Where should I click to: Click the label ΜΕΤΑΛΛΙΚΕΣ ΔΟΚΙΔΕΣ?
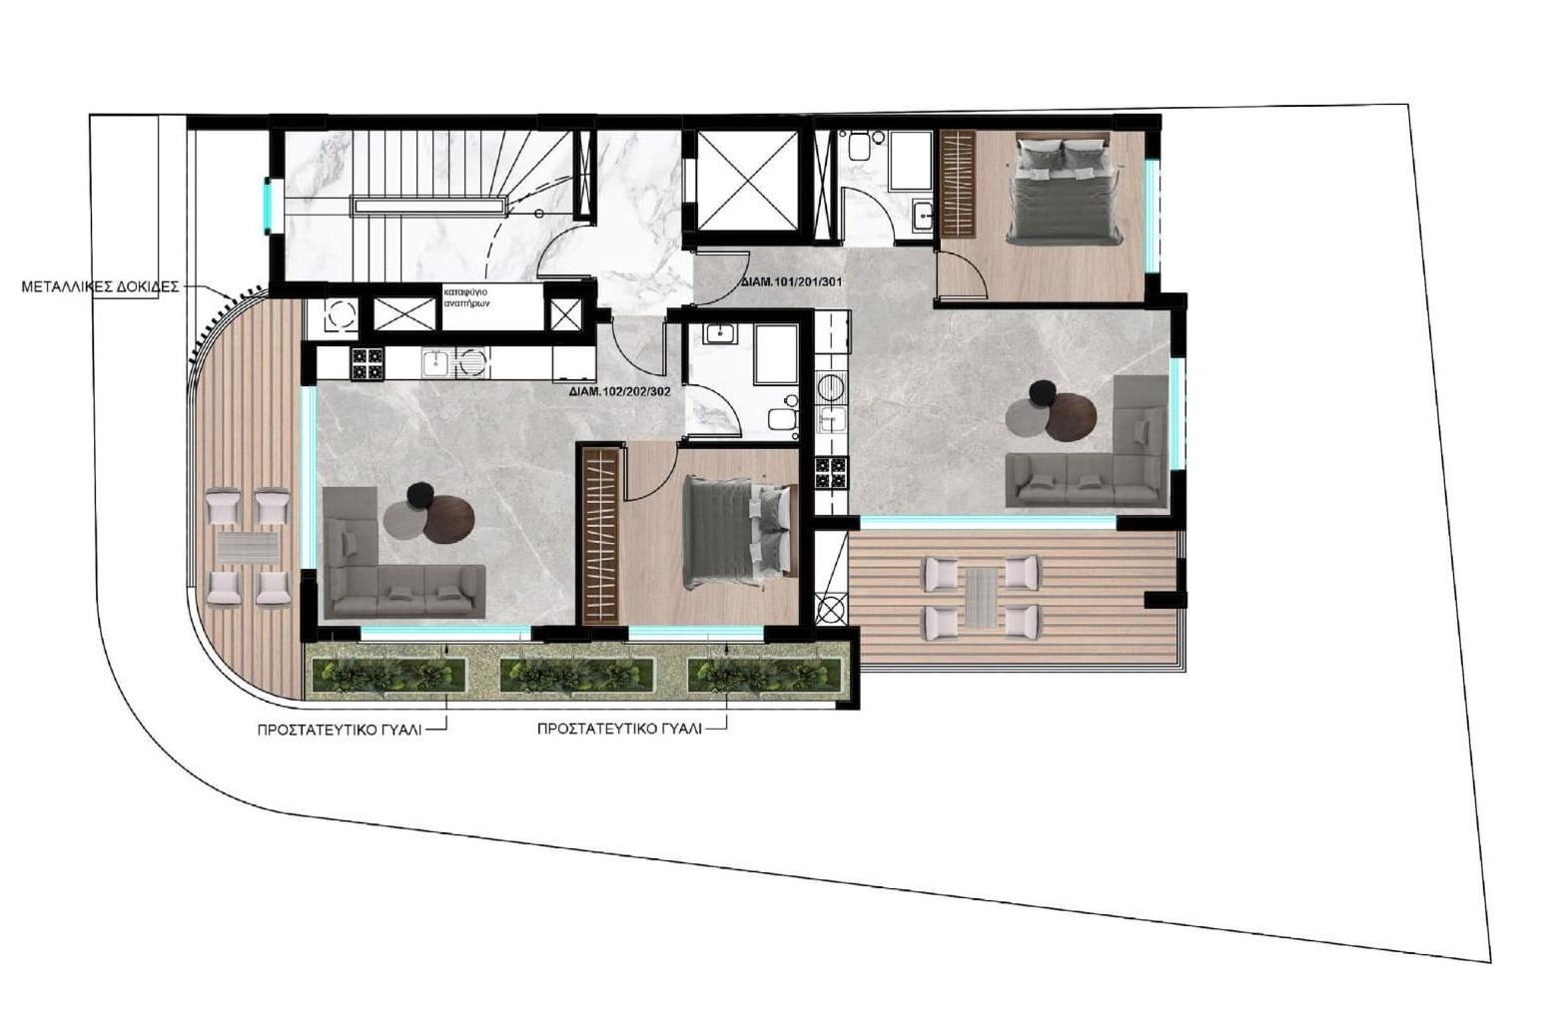tap(100, 286)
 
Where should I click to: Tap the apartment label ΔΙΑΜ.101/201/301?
tap(792, 282)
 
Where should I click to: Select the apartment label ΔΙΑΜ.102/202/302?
tap(619, 392)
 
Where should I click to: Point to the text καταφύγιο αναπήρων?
tap(466, 296)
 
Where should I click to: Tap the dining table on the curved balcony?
tap(248, 547)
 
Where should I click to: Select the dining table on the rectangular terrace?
tap(982, 597)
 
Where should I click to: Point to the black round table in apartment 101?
tap(1043, 394)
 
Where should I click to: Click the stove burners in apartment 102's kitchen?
tap(367, 363)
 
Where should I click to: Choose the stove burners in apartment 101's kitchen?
tap(830, 472)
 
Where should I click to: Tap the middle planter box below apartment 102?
tap(576, 676)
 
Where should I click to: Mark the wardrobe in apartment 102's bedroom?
tap(602, 535)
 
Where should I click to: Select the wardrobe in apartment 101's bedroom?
tap(957, 183)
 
